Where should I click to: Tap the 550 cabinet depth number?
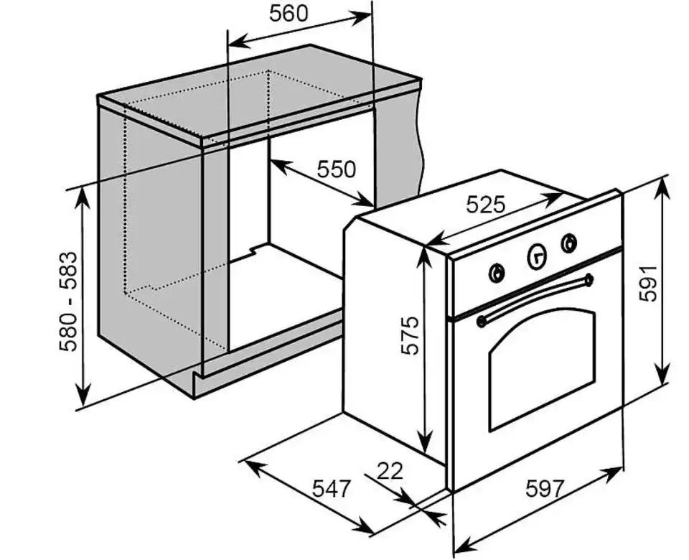tap(336, 169)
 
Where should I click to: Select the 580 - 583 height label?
tap(68, 302)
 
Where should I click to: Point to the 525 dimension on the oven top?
tap(486, 204)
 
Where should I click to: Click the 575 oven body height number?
tap(411, 335)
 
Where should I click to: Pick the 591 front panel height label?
tap(647, 284)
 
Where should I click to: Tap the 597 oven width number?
tap(545, 488)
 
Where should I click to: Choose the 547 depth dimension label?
tap(332, 488)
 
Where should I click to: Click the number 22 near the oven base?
tap(390, 471)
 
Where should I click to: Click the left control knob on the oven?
tap(497, 274)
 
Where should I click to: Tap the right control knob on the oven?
tap(569, 243)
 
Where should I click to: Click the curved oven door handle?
tap(534, 299)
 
